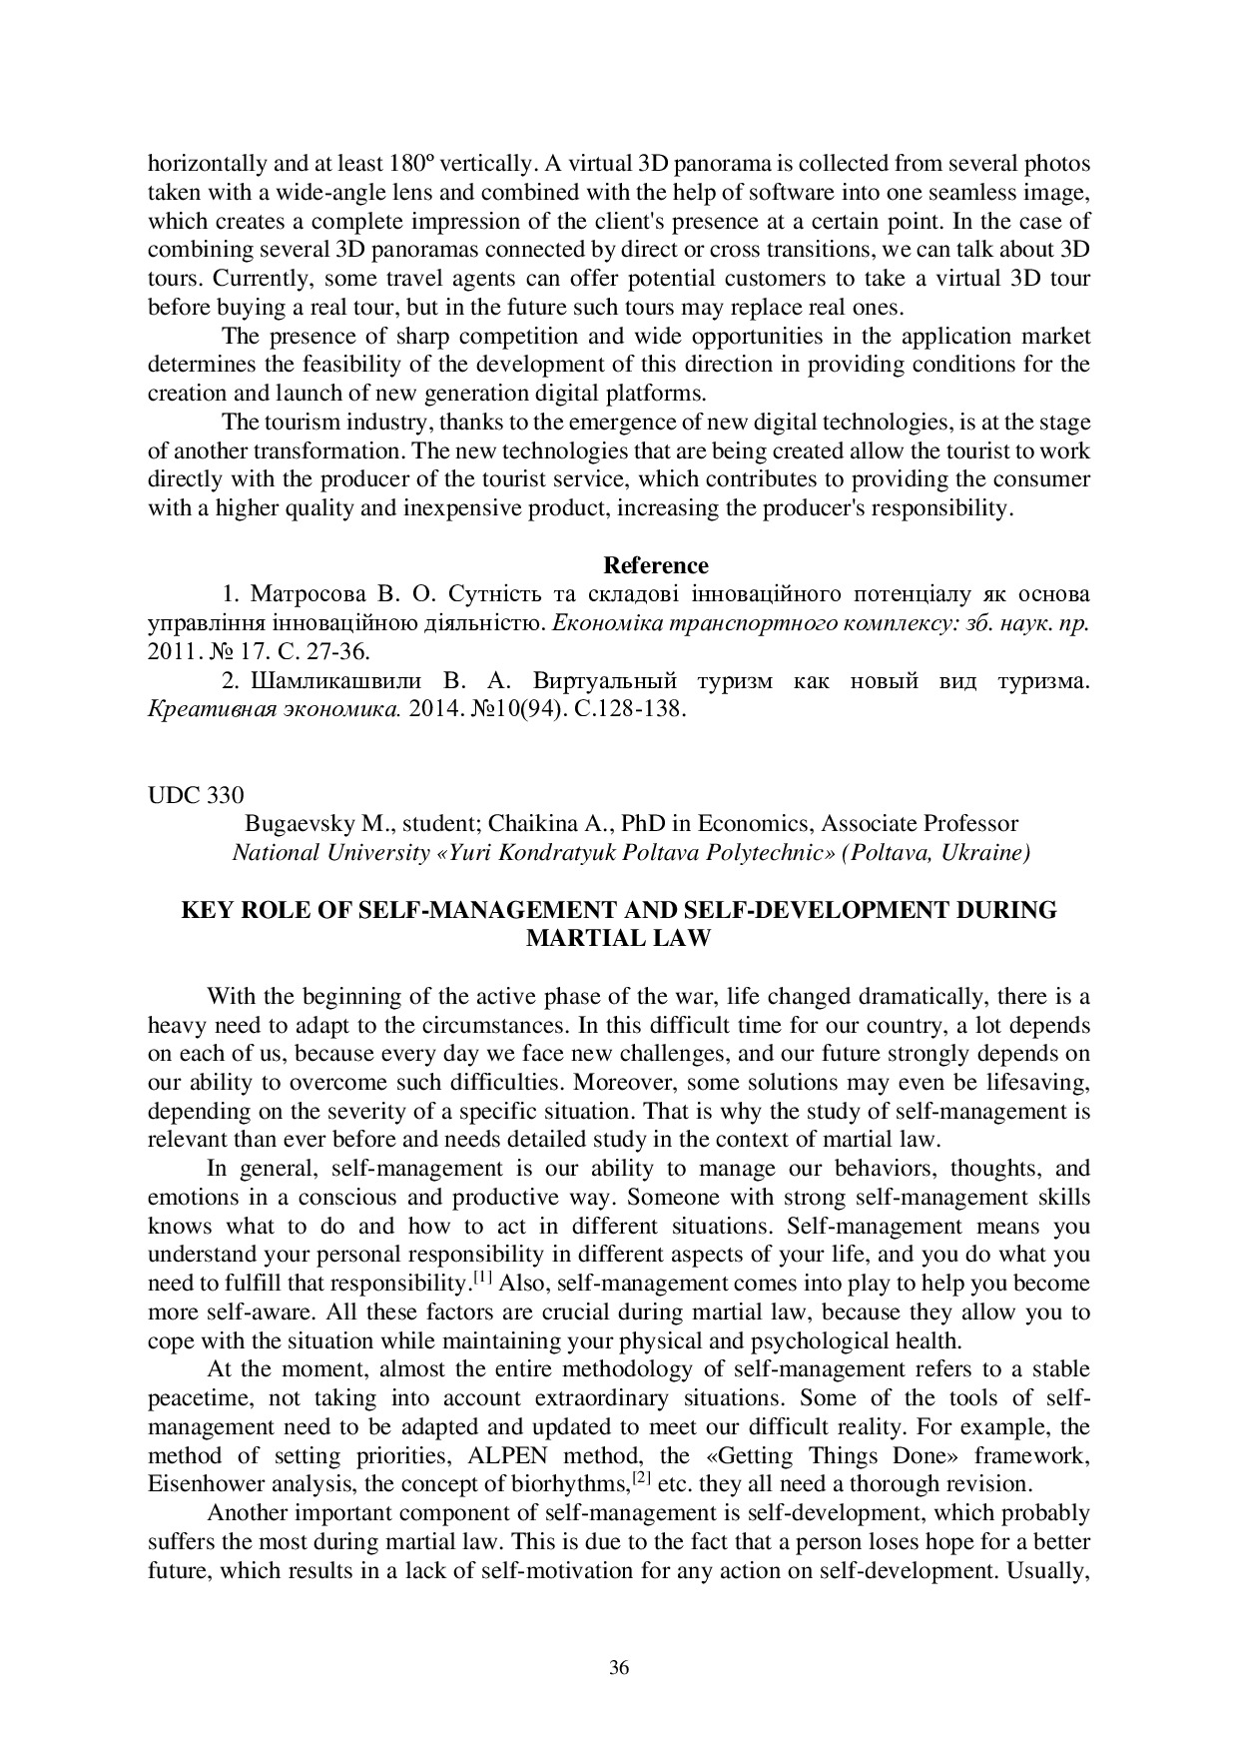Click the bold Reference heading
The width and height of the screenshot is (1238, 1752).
click(x=656, y=566)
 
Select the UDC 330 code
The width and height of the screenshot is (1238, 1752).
click(x=195, y=795)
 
